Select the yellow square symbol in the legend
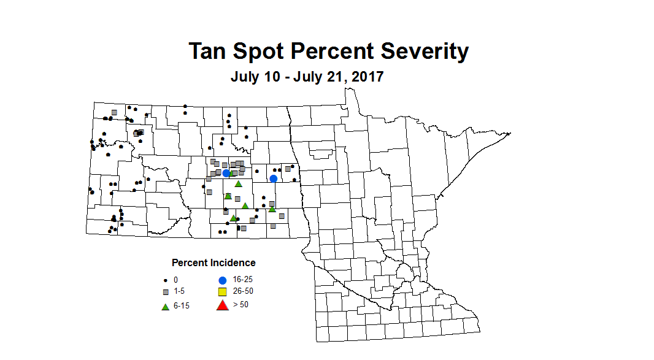pyautogui.click(x=223, y=291)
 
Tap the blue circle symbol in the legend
pyautogui.click(x=223, y=279)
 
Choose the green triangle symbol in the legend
pyautogui.click(x=165, y=306)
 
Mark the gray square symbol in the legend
pyautogui.click(x=165, y=291)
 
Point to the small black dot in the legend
pyautogui.click(x=165, y=280)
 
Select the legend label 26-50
pyautogui.click(x=243, y=291)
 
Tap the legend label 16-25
pyautogui.click(x=243, y=279)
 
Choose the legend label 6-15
pyautogui.click(x=182, y=306)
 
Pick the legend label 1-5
pyautogui.click(x=179, y=291)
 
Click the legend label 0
pyautogui.click(x=175, y=280)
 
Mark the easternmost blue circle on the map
pyautogui.click(x=274, y=178)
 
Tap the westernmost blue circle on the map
pyautogui.click(x=226, y=174)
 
